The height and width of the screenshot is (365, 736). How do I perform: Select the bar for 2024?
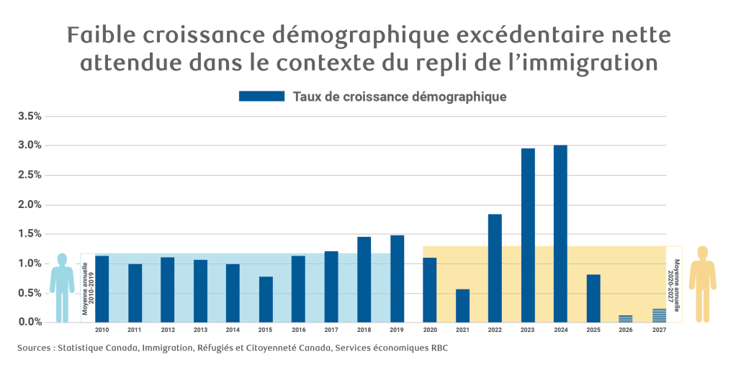point(560,233)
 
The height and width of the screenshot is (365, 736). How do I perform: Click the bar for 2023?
point(528,235)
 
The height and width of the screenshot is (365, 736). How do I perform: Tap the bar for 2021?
point(462,305)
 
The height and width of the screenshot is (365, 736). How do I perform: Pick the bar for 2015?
point(266,299)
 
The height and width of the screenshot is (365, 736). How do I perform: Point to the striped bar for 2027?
point(659,315)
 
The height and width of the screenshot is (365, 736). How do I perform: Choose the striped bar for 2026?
point(626,318)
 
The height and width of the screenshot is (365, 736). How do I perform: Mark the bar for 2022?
point(495,268)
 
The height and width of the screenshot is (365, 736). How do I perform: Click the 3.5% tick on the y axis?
point(30,116)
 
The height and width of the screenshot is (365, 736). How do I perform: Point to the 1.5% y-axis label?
point(30,234)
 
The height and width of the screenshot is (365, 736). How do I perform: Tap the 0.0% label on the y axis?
point(30,322)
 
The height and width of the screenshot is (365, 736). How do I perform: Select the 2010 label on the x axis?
point(102,330)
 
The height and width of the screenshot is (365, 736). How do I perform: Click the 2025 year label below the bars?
point(593,330)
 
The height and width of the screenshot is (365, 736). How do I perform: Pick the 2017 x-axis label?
point(331,330)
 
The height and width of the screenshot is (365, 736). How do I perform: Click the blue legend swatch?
point(261,96)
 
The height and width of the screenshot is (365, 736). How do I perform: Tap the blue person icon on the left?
point(62,287)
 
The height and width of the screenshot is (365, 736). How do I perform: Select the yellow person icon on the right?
point(702,282)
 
